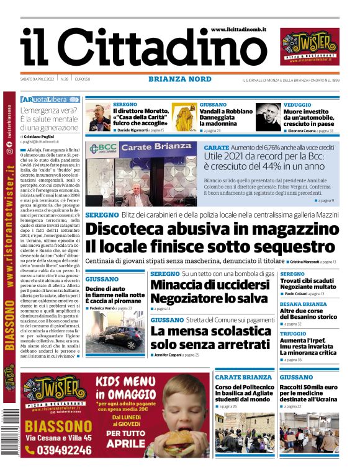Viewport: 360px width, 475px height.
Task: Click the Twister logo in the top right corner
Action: pyautogui.click(x=310, y=48)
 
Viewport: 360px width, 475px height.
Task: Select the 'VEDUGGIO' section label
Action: pyautogui.click(x=298, y=105)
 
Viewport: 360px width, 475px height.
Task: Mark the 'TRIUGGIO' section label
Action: pyautogui.click(x=293, y=334)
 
